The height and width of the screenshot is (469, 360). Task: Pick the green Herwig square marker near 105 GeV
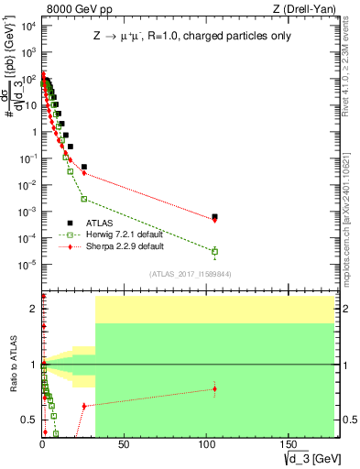pos(214,251)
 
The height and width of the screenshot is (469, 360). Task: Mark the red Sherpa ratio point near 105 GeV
pos(214,388)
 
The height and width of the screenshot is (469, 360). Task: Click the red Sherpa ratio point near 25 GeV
pos(84,405)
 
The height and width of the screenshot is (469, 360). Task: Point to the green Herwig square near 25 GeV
pos(84,199)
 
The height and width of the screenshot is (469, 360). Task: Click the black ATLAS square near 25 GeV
pos(84,167)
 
